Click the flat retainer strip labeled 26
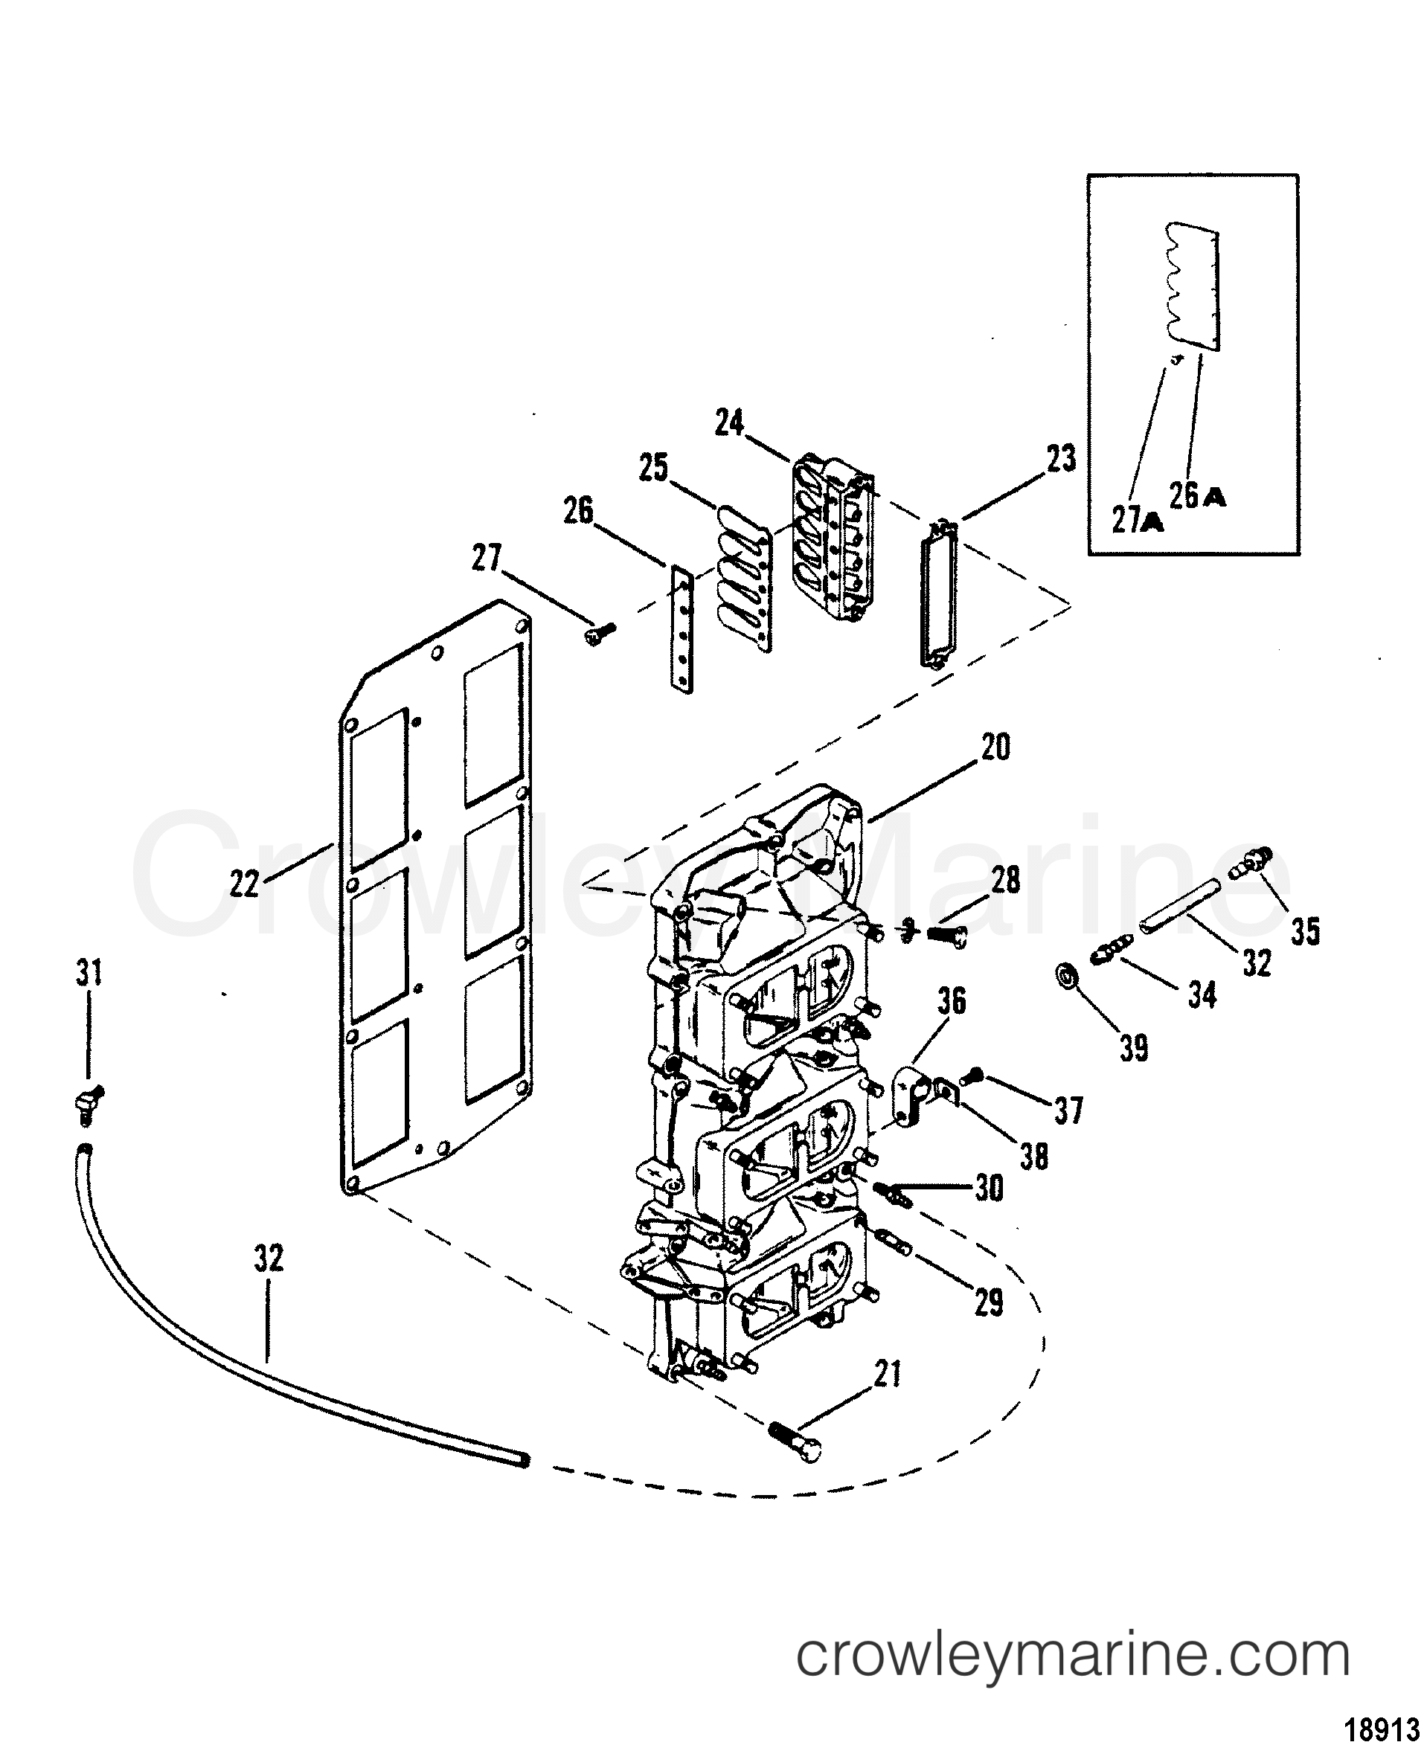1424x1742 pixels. coord(681,631)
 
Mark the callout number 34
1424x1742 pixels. coord(1202,996)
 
